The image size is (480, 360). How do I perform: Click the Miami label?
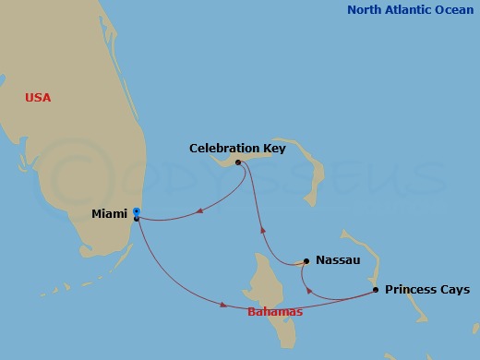[110, 214]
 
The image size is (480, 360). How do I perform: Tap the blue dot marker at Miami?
[137, 211]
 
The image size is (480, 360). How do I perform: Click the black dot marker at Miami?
[137, 219]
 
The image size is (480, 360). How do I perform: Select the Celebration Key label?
[237, 148]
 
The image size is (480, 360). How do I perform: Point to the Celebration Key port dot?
[238, 162]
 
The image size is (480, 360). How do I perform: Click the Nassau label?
[337, 261]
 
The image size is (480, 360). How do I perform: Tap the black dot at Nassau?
[306, 261]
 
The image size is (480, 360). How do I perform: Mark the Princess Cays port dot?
[375, 290]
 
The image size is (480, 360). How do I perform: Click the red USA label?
[39, 98]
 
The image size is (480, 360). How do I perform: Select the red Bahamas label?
[275, 312]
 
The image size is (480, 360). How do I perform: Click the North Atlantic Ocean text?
[412, 10]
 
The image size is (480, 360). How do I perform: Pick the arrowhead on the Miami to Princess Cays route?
[222, 303]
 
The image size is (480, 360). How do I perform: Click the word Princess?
[412, 290]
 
